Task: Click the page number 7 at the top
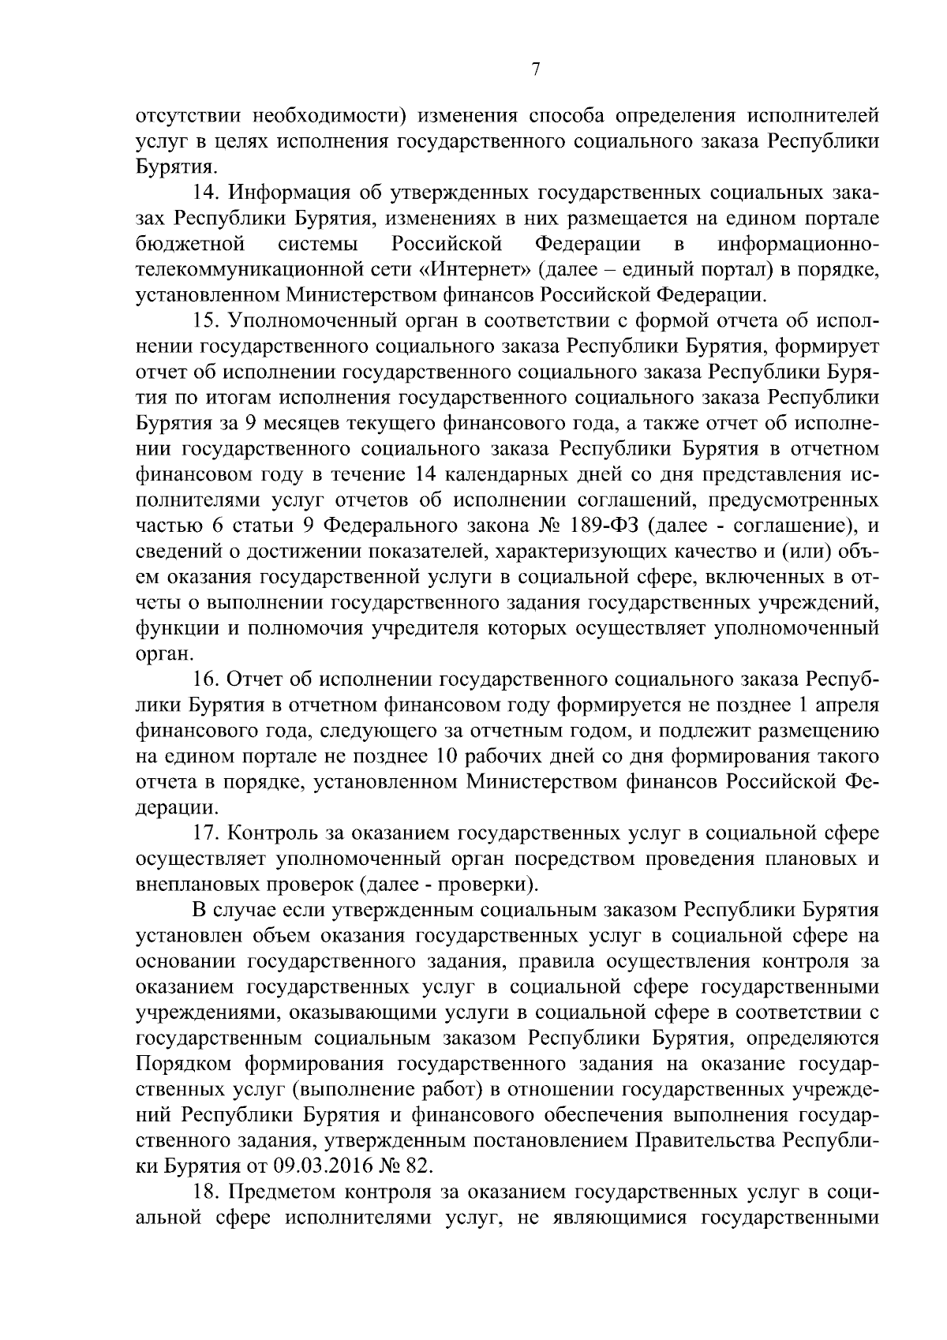coord(535,70)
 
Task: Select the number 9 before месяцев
coord(249,424)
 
